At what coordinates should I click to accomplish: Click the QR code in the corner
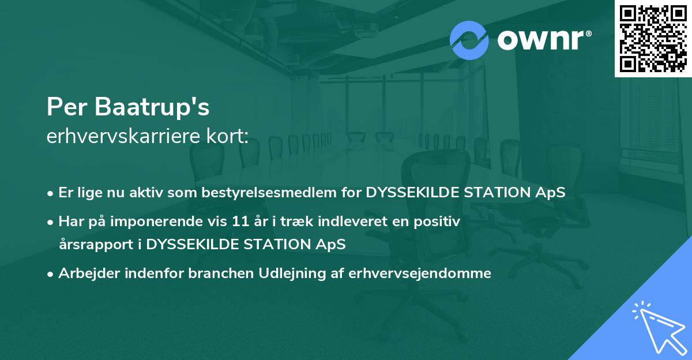(x=653, y=38)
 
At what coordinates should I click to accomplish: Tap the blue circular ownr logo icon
(x=469, y=40)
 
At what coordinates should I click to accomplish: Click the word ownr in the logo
(x=540, y=40)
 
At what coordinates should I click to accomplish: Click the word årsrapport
(x=93, y=244)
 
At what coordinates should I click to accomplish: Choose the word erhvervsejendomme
(x=420, y=273)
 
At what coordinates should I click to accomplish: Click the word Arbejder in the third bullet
(x=83, y=273)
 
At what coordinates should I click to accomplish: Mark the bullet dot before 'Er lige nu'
(x=51, y=193)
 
